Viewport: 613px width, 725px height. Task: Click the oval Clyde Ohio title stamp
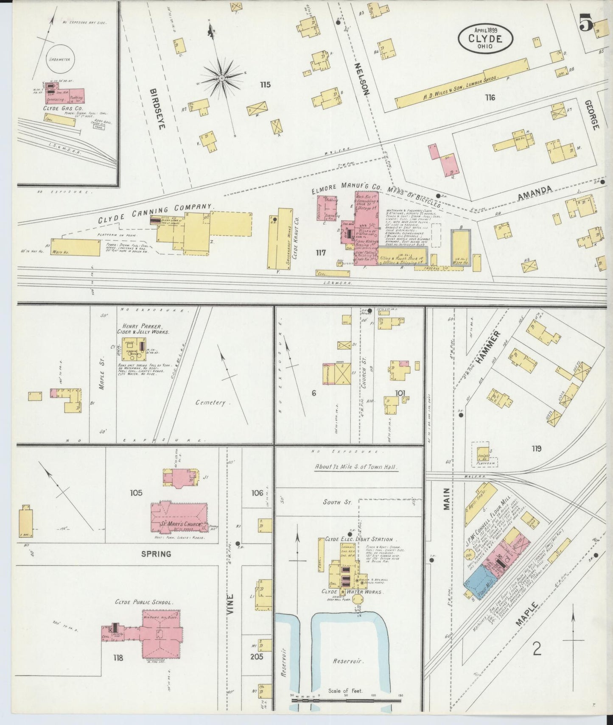tap(485, 38)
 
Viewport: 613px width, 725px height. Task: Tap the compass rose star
tap(221, 78)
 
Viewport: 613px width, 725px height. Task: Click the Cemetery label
tap(211, 402)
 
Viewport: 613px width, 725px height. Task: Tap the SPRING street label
tap(156, 554)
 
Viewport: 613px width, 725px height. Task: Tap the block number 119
tap(536, 449)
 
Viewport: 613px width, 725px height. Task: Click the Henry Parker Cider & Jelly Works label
tap(143, 329)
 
